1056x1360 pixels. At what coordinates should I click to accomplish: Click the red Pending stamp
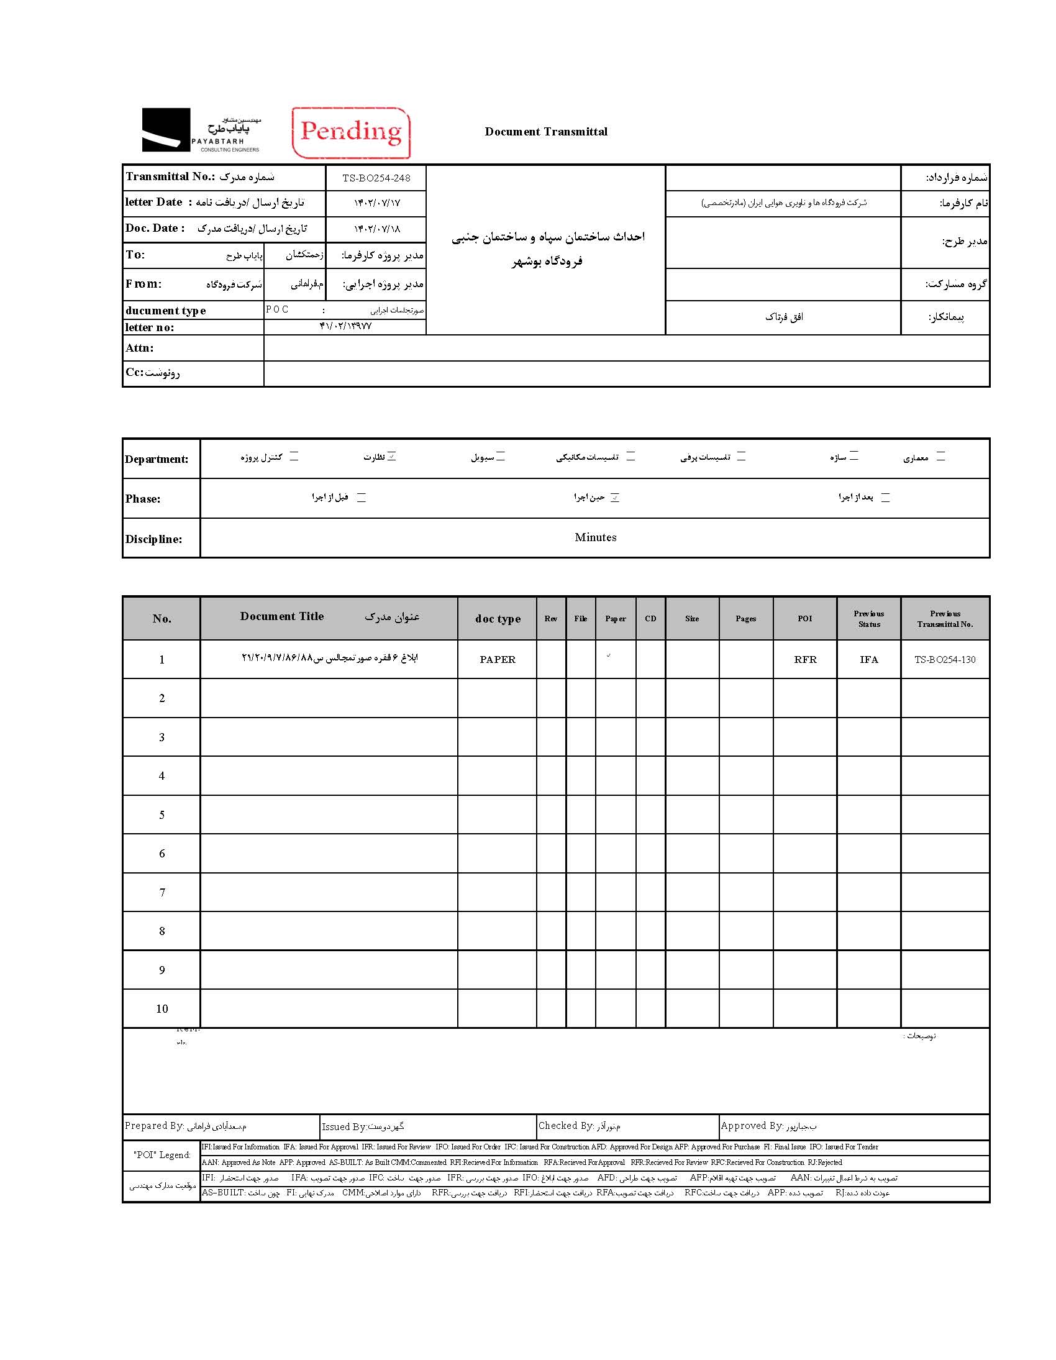coord(351,132)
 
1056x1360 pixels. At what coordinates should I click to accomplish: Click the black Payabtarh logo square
coord(166,129)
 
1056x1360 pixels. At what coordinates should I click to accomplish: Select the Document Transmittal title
coord(545,131)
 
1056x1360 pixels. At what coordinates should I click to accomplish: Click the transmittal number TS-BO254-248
coord(376,178)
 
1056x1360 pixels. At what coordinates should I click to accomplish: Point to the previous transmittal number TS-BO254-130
coord(945,659)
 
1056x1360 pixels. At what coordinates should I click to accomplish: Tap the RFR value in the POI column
coord(805,659)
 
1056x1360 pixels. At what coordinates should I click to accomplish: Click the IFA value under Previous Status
coord(868,659)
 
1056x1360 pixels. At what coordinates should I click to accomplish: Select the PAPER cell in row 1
coord(498,659)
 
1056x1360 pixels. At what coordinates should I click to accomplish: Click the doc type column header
coord(498,618)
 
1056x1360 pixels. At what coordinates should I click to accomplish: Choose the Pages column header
coord(745,618)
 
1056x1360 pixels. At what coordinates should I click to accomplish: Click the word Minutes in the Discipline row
coord(595,537)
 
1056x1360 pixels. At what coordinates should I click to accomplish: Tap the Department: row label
coord(157,459)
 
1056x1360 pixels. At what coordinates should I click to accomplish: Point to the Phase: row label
coord(143,499)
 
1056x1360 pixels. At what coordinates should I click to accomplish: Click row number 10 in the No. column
coord(162,1009)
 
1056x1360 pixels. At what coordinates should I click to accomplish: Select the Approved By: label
coord(751,1125)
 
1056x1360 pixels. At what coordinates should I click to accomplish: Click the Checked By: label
coord(566,1125)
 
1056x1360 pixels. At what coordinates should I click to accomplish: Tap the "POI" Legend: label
coord(162,1154)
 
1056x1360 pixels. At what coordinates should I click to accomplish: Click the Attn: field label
coord(140,348)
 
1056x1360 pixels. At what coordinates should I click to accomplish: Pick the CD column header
coord(650,618)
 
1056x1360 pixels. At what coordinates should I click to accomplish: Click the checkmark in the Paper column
coord(608,655)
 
